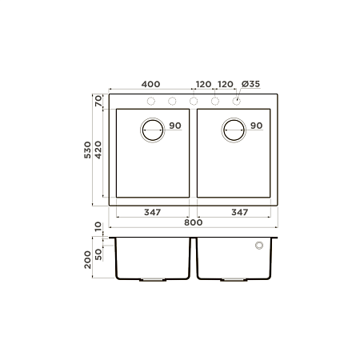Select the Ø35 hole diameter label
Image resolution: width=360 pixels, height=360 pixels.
click(x=249, y=83)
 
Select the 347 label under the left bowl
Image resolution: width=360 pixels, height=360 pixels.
click(x=154, y=212)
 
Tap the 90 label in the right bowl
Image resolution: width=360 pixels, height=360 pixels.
click(x=256, y=126)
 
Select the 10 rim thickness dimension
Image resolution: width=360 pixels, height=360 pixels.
click(x=98, y=227)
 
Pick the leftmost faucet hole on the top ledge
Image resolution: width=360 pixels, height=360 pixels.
click(x=150, y=101)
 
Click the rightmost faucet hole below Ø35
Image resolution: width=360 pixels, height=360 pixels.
click(x=236, y=101)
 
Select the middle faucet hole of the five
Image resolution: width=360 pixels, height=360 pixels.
click(x=193, y=101)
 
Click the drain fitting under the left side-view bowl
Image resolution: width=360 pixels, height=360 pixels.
click(x=151, y=279)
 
